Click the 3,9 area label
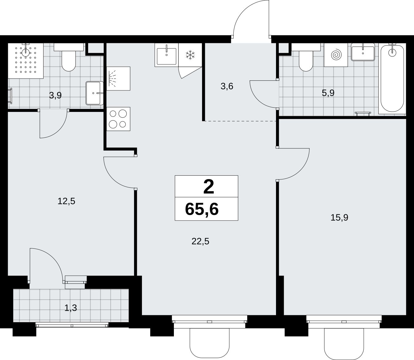click(55, 95)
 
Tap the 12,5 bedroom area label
click(66, 201)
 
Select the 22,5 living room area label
click(200, 241)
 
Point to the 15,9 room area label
click(339, 218)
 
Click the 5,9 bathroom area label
click(328, 93)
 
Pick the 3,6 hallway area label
click(227, 86)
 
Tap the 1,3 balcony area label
click(71, 308)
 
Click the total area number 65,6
click(202, 209)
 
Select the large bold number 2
click(209, 187)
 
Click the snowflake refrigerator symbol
click(190, 55)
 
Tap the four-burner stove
click(118, 119)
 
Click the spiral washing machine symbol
click(336, 55)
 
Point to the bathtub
click(392, 79)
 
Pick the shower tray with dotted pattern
click(26, 61)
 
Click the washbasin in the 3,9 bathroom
click(94, 93)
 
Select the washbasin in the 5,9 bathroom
click(363, 52)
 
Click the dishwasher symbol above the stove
click(118, 79)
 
